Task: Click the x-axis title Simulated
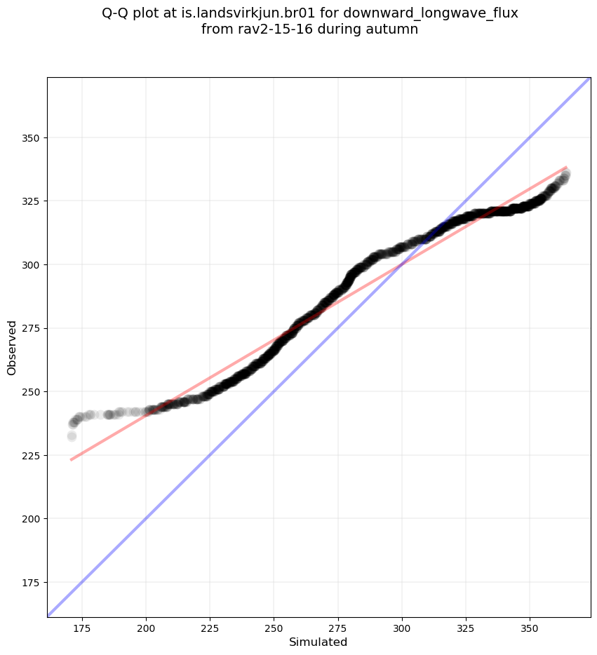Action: coord(318,642)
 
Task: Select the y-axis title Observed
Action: coord(12,347)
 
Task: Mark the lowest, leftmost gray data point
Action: coord(72,436)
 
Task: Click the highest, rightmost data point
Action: coord(565,173)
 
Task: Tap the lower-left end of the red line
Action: coord(71,459)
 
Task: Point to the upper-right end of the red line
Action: coord(566,167)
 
